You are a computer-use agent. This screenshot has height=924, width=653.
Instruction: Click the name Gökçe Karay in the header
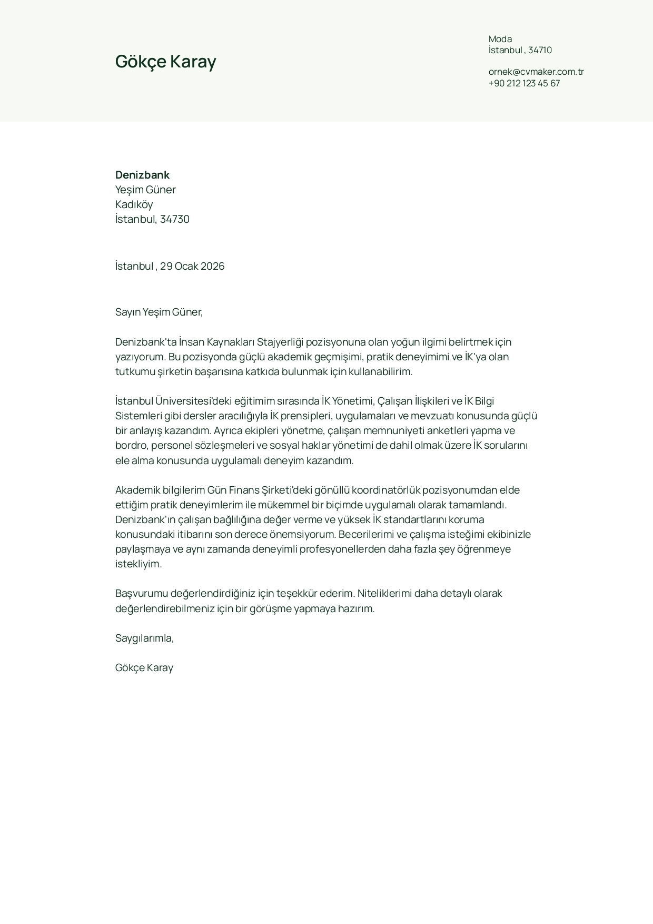(x=165, y=62)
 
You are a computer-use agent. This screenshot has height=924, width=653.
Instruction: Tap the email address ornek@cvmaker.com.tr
(x=536, y=72)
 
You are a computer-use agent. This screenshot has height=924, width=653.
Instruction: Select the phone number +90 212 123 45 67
(x=524, y=83)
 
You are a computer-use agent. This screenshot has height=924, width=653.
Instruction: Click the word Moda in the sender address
(x=500, y=39)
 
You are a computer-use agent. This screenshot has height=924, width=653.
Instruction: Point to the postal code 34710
(x=540, y=50)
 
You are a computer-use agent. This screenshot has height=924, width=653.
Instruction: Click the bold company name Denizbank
(x=142, y=175)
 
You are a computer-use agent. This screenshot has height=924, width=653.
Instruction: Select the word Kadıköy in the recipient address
(x=134, y=204)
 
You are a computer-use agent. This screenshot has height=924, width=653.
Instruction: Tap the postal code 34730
(x=174, y=219)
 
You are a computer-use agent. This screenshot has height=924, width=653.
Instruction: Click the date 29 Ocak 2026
(x=192, y=266)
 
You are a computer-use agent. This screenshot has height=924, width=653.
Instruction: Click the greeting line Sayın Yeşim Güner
(x=159, y=312)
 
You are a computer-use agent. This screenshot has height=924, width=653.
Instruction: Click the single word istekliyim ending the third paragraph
(x=138, y=564)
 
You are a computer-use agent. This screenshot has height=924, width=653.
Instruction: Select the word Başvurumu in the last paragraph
(x=141, y=594)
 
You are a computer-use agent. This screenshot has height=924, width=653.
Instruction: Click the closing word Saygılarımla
(x=144, y=638)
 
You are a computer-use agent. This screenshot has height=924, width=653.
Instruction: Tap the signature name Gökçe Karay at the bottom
(x=144, y=668)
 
